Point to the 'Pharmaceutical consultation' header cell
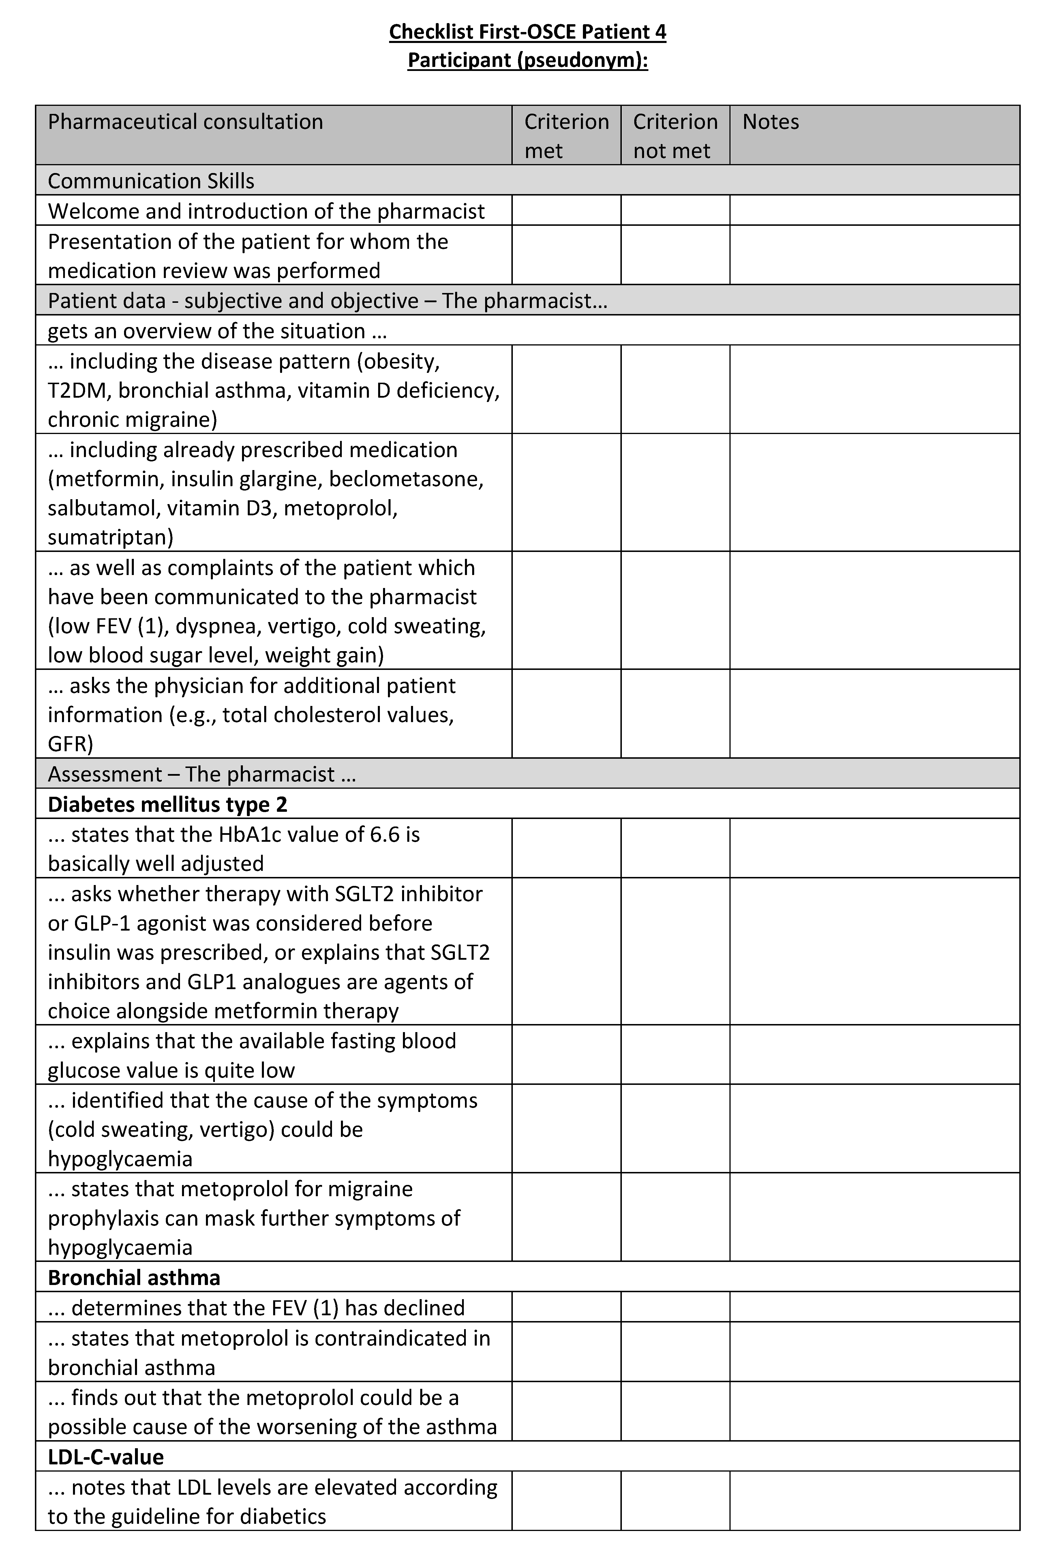pyautogui.click(x=185, y=122)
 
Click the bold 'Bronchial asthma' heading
pyautogui.click(x=134, y=1278)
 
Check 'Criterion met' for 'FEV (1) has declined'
pyautogui.click(x=566, y=1307)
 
